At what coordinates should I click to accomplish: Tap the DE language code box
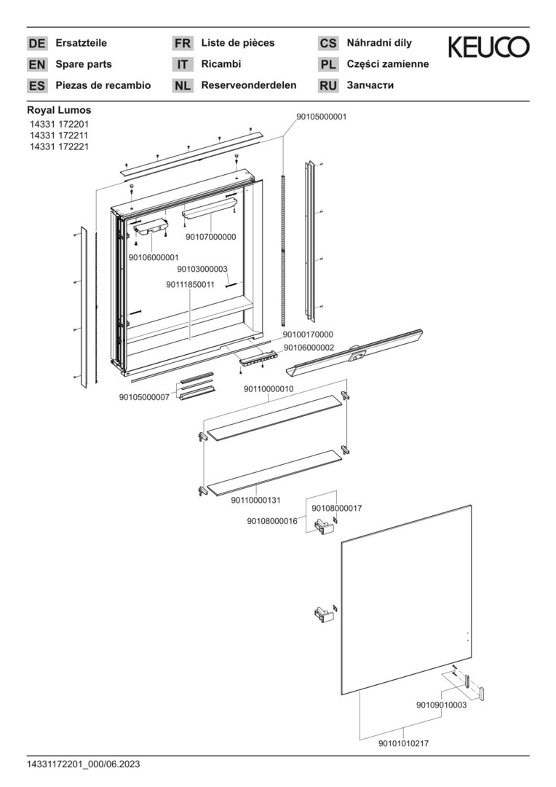tap(36, 43)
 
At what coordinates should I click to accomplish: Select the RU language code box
tap(328, 86)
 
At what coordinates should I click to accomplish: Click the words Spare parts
tap(83, 64)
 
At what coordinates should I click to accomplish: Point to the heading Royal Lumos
tap(59, 110)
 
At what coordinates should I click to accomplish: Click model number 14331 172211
tap(59, 136)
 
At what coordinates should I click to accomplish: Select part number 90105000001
tap(322, 117)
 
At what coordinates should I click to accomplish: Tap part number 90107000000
tap(210, 237)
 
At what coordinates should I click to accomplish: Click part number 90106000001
tap(154, 257)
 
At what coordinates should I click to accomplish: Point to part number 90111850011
tap(190, 285)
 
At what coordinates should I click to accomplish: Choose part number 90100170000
tap(308, 334)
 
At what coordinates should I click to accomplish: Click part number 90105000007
tap(144, 397)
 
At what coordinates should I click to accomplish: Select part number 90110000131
tap(255, 501)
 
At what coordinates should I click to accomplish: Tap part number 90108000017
tap(336, 509)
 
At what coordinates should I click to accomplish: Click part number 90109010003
tap(441, 705)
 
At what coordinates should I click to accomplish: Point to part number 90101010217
tap(404, 744)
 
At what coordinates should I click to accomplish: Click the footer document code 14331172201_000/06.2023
tap(83, 764)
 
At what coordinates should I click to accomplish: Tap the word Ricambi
tap(221, 64)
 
